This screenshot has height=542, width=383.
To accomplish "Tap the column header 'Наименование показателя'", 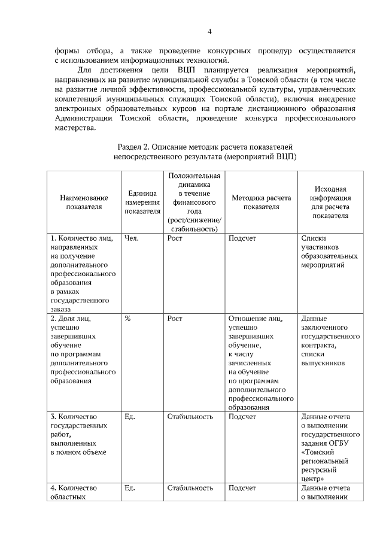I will pyautogui.click(x=84, y=202).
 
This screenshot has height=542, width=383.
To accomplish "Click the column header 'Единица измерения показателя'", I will pyautogui.click(x=142, y=202).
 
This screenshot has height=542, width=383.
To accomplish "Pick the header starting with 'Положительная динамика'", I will pyautogui.click(x=194, y=202).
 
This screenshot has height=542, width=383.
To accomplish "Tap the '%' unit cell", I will pyautogui.click(x=127, y=319).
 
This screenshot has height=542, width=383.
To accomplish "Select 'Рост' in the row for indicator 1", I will pyautogui.click(x=175, y=238).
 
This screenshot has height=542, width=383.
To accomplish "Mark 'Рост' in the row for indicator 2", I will pyautogui.click(x=175, y=319).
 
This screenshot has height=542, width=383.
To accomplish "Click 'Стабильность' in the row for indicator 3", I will pyautogui.click(x=190, y=416).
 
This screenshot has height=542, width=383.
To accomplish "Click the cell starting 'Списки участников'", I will pyautogui.click(x=330, y=252).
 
